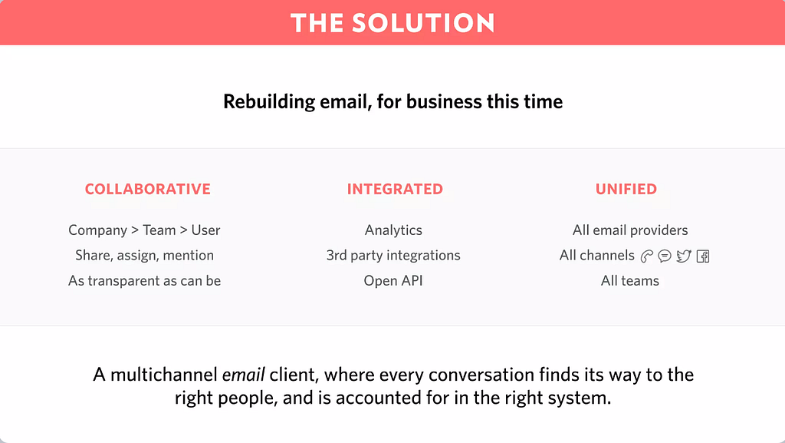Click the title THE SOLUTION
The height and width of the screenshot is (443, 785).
tap(392, 23)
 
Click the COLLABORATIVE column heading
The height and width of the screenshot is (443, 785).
tap(148, 189)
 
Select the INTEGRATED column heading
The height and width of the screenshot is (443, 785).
tap(395, 189)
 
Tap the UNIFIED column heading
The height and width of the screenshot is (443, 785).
tap(626, 189)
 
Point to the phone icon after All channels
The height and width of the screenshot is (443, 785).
tap(646, 256)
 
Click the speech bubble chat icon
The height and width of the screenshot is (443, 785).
tap(665, 256)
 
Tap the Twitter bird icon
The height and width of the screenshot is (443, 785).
tap(683, 256)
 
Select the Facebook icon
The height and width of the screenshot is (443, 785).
tap(703, 256)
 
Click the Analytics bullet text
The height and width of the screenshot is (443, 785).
tap(393, 230)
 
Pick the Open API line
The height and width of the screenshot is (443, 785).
tap(393, 281)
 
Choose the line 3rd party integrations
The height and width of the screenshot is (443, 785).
tap(393, 255)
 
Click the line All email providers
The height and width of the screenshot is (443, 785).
tap(630, 230)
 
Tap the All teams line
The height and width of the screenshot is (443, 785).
tap(630, 281)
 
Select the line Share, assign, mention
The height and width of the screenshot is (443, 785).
tap(144, 255)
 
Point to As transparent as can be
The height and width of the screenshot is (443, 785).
tap(144, 281)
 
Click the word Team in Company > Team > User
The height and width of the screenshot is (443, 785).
tap(159, 230)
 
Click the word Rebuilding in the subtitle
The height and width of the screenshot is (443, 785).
tap(269, 102)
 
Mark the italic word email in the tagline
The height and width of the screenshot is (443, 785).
tap(243, 375)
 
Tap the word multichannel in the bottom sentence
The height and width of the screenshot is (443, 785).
tap(164, 375)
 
